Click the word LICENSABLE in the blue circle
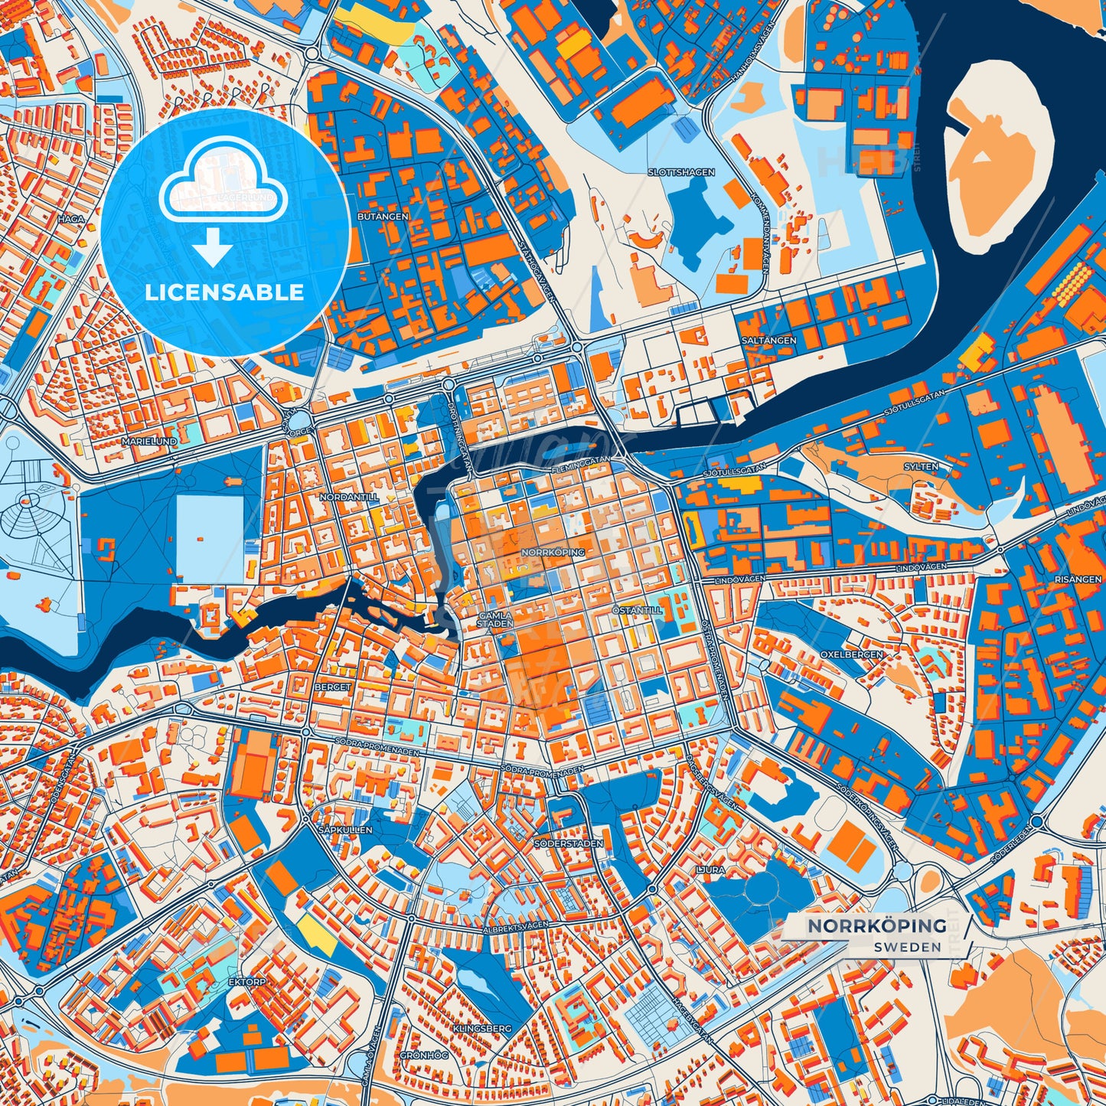click(225, 292)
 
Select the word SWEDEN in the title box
click(909, 947)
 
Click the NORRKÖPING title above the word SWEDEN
click(877, 926)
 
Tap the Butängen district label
click(383, 217)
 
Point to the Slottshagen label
click(680, 172)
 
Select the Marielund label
click(149, 442)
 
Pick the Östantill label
click(637, 611)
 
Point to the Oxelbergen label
click(851, 654)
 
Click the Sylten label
click(921, 466)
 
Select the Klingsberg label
click(481, 1028)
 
